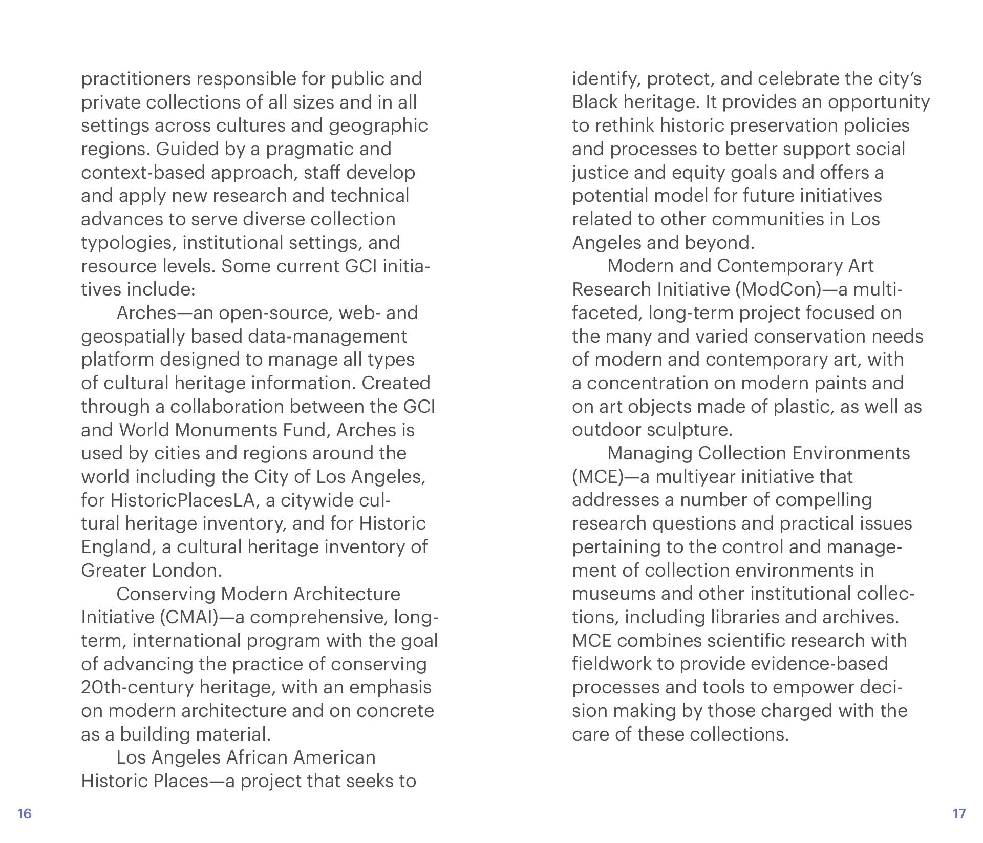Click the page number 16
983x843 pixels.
click(x=25, y=814)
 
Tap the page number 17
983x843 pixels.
click(x=958, y=814)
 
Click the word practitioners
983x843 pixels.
click(x=136, y=79)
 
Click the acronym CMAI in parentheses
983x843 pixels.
click(x=189, y=617)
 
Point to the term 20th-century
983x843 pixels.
click(x=137, y=687)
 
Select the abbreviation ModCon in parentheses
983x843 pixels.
click(x=778, y=290)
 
